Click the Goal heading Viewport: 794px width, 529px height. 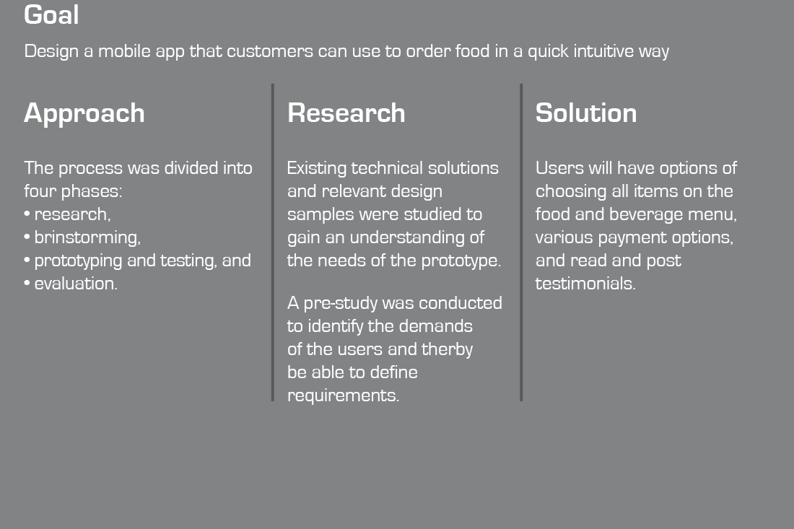click(51, 14)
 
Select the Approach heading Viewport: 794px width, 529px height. click(84, 113)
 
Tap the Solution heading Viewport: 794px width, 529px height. click(586, 113)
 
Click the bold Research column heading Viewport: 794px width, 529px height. click(346, 113)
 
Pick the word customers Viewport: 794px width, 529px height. click(270, 51)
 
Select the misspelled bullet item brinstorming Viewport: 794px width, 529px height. click(87, 238)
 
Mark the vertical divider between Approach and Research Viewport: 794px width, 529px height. click(273, 242)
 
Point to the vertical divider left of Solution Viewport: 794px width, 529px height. click(521, 242)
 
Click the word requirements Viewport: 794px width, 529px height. click(344, 396)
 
